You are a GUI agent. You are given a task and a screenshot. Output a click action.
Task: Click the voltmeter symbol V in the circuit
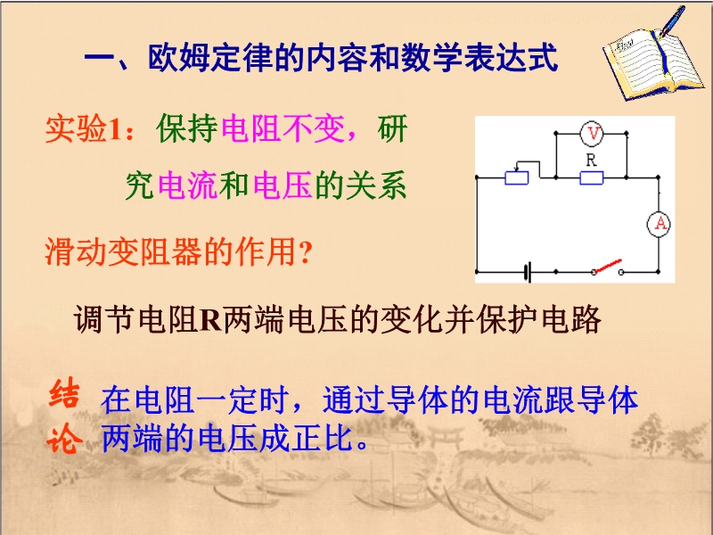(x=592, y=133)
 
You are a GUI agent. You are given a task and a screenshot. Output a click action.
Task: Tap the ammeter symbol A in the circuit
(x=660, y=224)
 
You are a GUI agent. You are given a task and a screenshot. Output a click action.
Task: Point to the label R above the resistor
(x=591, y=160)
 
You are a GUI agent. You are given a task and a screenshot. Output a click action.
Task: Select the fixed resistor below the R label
(x=592, y=177)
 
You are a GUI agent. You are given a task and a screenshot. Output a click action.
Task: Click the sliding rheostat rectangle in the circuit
(x=517, y=177)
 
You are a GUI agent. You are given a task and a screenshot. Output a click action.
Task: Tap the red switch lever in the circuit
(x=608, y=266)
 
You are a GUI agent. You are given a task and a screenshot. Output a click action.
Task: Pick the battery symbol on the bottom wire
(x=528, y=272)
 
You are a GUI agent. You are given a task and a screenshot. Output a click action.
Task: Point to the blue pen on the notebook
(x=673, y=21)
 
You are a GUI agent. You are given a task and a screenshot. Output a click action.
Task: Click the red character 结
(x=64, y=394)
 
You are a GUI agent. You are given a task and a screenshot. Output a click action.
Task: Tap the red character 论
(x=64, y=439)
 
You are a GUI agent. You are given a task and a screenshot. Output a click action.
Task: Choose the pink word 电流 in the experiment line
(x=188, y=185)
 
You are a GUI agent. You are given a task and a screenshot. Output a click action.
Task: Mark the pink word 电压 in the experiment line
(x=283, y=185)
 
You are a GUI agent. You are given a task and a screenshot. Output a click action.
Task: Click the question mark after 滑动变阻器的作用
(x=306, y=252)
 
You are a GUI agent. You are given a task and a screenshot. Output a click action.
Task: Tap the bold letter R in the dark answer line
(x=210, y=320)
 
